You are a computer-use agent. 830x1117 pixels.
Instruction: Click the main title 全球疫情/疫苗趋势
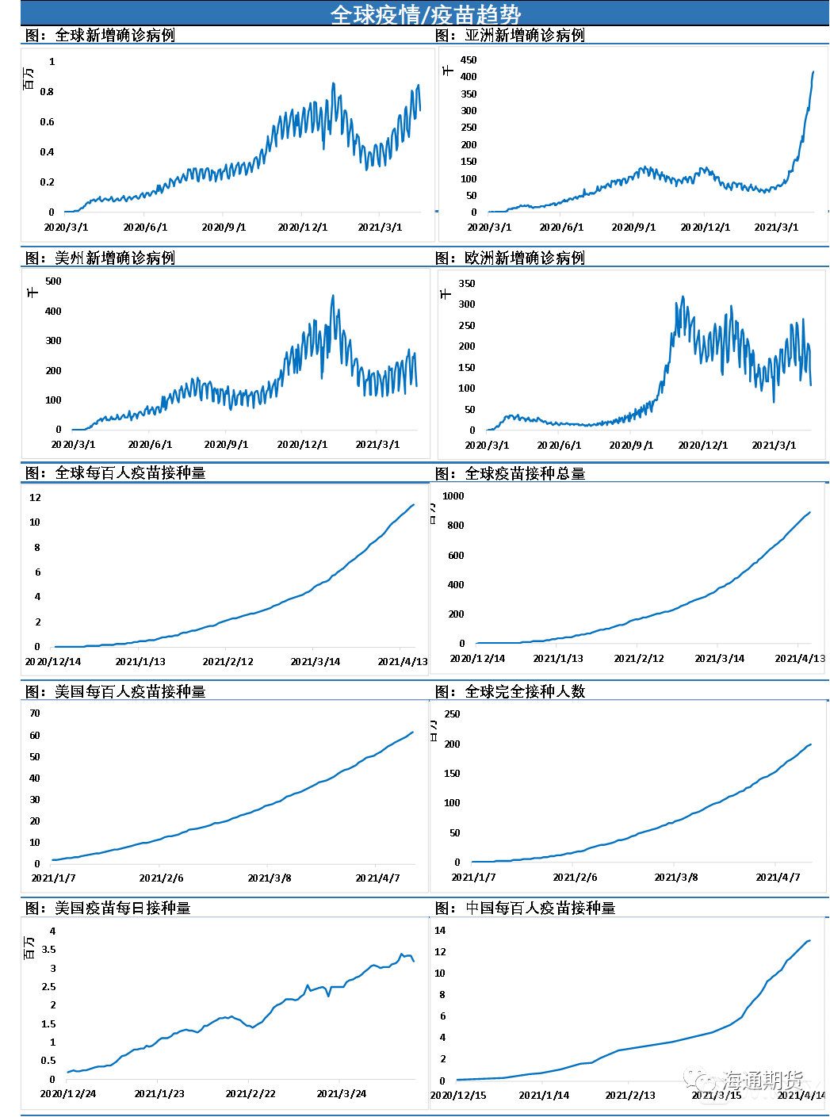[x=425, y=14]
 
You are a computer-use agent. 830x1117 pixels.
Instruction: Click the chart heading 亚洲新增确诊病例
[x=524, y=36]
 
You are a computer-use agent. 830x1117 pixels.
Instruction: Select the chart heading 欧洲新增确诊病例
[x=524, y=258]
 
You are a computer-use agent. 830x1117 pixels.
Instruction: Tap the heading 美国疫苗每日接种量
[x=122, y=909]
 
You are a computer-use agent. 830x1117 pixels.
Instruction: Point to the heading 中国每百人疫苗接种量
[x=540, y=909]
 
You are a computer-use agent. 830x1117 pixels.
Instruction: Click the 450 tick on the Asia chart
[x=469, y=60]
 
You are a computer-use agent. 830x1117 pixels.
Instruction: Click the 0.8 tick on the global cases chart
[x=47, y=92]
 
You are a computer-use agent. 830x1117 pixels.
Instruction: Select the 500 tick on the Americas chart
[x=53, y=281]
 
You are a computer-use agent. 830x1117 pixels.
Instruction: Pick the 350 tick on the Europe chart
[x=467, y=284]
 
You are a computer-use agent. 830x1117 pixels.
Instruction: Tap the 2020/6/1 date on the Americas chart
[x=150, y=445]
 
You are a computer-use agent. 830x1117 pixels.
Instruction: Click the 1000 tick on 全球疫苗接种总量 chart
[x=453, y=496]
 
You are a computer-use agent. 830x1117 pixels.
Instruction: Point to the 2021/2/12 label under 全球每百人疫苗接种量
[x=228, y=662]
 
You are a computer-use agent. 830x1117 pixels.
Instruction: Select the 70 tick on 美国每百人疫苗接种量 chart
[x=35, y=713]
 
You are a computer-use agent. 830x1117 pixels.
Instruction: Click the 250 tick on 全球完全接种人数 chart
[x=452, y=714]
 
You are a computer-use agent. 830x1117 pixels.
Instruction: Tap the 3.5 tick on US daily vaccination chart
[x=48, y=950]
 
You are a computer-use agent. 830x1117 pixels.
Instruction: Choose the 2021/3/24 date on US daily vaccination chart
[x=341, y=1094]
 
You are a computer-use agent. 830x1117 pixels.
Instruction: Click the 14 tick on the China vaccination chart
[x=440, y=931]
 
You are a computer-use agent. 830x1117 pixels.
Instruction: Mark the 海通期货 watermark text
[x=762, y=1080]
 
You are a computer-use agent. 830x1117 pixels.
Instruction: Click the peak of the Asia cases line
[x=813, y=72]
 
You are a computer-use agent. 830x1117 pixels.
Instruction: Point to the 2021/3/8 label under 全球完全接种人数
[x=676, y=878]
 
